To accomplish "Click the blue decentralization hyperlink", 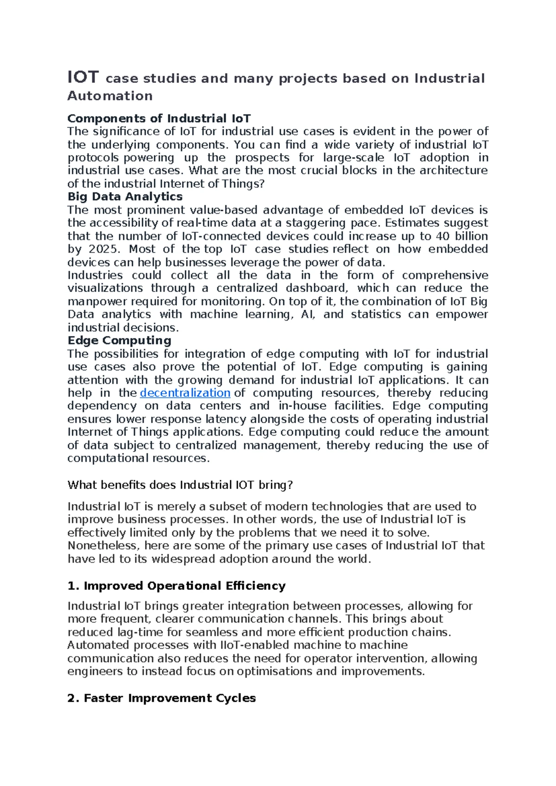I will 185,393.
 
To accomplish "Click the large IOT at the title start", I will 83,77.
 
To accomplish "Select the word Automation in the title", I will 110,96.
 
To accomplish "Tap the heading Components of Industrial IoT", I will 159,119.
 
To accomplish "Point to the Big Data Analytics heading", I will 125,197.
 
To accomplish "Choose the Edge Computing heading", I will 119,341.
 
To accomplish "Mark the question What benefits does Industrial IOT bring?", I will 180,485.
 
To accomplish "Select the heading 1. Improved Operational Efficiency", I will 176,586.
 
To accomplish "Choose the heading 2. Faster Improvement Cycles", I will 161,698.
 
